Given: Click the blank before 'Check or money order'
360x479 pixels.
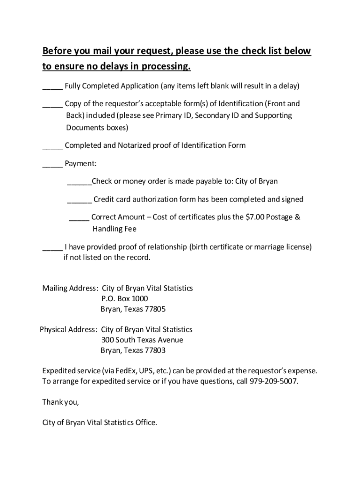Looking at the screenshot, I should pos(79,183).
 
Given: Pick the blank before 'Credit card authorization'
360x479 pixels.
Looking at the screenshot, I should pos(79,201).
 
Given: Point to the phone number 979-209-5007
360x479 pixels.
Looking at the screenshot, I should pos(274,381).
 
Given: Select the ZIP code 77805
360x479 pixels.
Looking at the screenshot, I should pos(155,309).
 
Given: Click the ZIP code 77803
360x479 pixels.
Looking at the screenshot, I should pos(155,350).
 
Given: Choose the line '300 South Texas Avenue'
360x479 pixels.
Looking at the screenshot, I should pos(142,340).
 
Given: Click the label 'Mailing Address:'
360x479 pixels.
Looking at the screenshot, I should pos(70,288).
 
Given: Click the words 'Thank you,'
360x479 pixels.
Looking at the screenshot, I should pos(61,402).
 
